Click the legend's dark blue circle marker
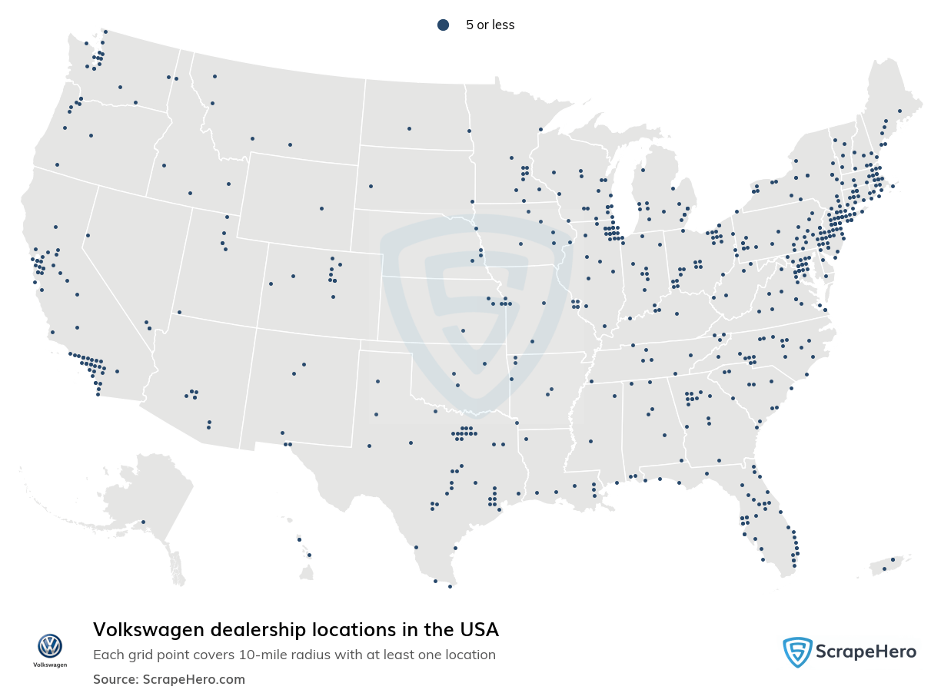click(x=443, y=25)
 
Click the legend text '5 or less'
click(x=490, y=25)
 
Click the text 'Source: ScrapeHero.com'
click(x=169, y=679)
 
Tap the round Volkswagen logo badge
click(x=50, y=645)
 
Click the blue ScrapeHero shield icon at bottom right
click(x=797, y=652)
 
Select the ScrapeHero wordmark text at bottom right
click(x=866, y=652)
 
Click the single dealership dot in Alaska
click(x=143, y=522)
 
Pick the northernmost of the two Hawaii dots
click(x=299, y=539)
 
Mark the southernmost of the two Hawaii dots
click(x=309, y=555)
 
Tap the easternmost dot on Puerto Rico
click(x=893, y=559)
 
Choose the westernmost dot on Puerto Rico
click(x=884, y=569)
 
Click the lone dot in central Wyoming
click(x=321, y=208)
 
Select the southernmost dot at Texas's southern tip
click(x=450, y=586)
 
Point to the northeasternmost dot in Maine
click(x=899, y=111)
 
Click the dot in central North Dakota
click(x=409, y=128)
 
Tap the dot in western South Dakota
click(x=371, y=186)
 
